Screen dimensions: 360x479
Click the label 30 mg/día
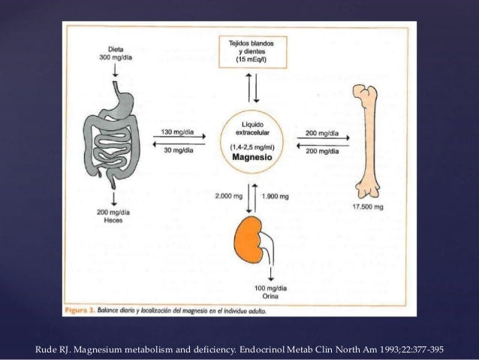click(x=178, y=148)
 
